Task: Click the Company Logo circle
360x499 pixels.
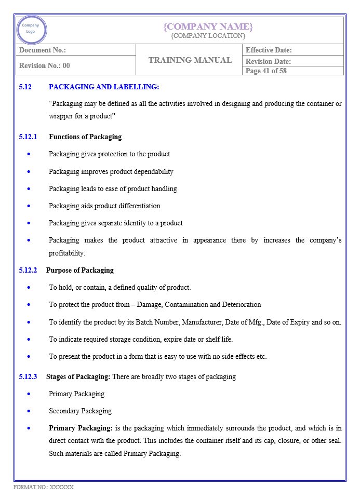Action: click(x=31, y=30)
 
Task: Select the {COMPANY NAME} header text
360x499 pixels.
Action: click(x=208, y=26)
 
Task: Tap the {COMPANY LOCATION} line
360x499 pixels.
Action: click(x=208, y=36)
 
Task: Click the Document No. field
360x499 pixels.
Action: click(x=43, y=50)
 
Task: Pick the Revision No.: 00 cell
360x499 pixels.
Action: click(x=45, y=65)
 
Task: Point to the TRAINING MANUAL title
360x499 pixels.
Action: click(x=190, y=60)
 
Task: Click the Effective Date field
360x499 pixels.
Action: click(x=269, y=50)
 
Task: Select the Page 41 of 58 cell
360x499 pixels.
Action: click(x=266, y=71)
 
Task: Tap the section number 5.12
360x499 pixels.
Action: click(x=25, y=87)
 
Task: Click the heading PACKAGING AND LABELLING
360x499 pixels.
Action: click(x=104, y=87)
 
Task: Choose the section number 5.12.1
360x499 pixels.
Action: click(x=28, y=137)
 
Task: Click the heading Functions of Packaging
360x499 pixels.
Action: click(x=85, y=137)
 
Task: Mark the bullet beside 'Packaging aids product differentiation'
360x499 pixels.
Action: click(x=29, y=206)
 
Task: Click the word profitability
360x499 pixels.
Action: click(x=66, y=253)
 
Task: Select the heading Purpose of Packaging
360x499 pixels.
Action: click(x=80, y=270)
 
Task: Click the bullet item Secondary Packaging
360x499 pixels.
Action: click(x=81, y=411)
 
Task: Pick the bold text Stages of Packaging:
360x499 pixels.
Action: click(x=78, y=376)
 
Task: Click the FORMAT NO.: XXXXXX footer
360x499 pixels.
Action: click(x=44, y=487)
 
